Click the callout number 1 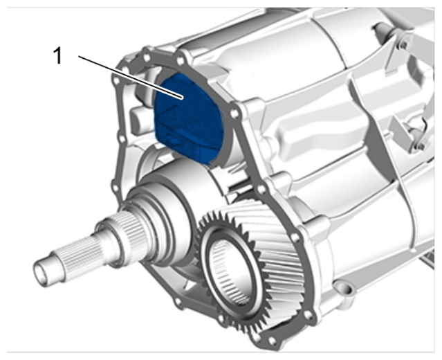click(57, 55)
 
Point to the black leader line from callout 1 click(131, 78)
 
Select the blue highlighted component click(188, 118)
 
